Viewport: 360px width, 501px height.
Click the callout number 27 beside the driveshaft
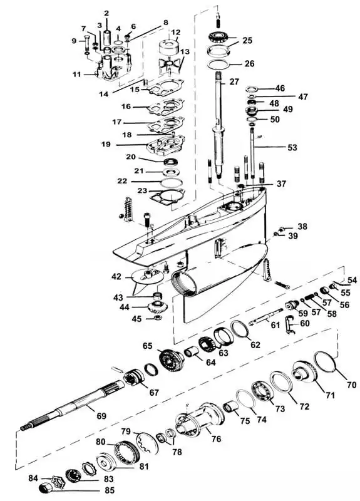point(234,82)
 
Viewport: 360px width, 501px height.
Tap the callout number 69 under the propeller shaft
point(101,416)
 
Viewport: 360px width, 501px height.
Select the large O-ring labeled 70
point(324,361)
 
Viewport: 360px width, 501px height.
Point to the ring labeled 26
point(218,64)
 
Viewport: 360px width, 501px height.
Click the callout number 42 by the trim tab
point(116,276)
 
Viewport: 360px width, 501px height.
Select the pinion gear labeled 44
point(158,307)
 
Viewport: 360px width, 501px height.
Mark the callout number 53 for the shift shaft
point(292,147)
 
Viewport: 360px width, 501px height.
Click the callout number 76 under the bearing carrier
point(216,439)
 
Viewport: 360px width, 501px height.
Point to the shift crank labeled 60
point(289,324)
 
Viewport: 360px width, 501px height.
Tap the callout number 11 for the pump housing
point(77,75)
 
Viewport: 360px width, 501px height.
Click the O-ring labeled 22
point(172,183)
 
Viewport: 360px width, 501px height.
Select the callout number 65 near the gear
point(148,346)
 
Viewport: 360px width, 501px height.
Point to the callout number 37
point(281,183)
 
